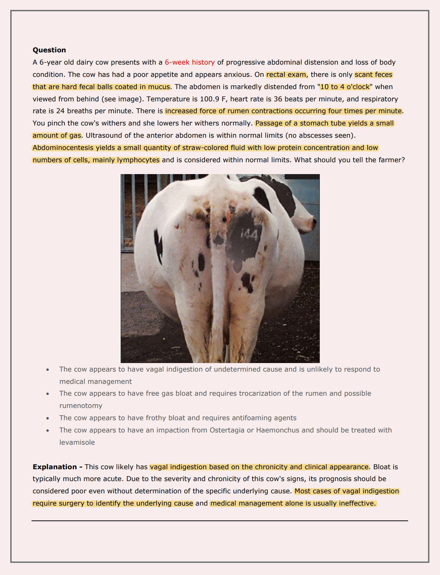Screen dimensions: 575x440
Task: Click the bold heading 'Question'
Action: [x=49, y=50]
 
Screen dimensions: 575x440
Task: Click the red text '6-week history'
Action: [x=190, y=62]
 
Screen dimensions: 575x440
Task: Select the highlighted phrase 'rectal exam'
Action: [x=286, y=75]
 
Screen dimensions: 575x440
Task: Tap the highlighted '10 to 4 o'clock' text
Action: [x=345, y=87]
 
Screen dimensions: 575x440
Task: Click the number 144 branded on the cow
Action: [x=249, y=234]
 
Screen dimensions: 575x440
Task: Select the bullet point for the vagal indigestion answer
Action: [x=47, y=370]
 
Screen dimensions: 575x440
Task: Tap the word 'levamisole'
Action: [x=77, y=442]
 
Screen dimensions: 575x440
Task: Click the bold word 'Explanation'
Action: [x=55, y=467]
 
